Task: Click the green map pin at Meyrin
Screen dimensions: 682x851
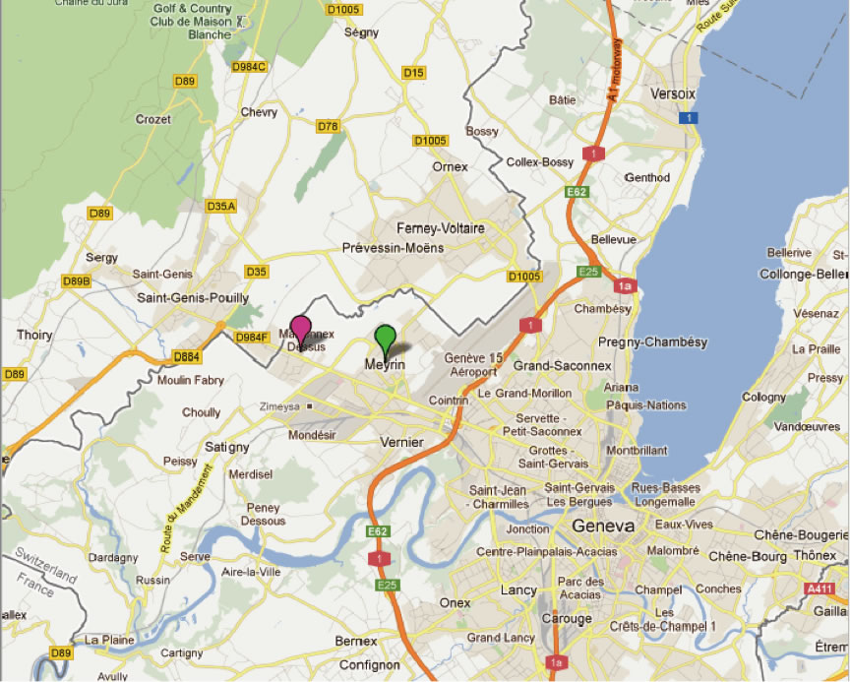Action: (x=386, y=337)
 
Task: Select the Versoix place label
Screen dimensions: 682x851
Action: (x=673, y=93)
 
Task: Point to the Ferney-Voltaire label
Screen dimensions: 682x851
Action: (x=441, y=228)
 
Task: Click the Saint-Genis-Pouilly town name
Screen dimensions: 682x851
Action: (x=193, y=297)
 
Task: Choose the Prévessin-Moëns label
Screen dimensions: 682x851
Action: (x=393, y=248)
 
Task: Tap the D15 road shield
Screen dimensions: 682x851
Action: (x=413, y=73)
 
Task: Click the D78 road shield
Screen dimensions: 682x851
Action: (x=328, y=126)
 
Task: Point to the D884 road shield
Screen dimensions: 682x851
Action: (x=186, y=356)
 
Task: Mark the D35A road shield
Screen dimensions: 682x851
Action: (x=221, y=206)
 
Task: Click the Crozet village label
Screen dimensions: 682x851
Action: (x=153, y=119)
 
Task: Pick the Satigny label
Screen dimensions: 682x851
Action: (x=227, y=447)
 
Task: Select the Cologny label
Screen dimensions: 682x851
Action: (x=764, y=397)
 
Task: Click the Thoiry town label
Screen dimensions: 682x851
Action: (x=33, y=335)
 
